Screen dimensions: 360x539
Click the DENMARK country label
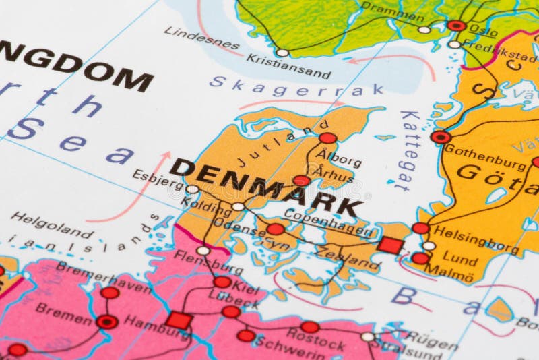click(x=266, y=187)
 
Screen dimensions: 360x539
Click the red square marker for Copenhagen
click(x=390, y=245)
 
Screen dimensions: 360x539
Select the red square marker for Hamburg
click(x=179, y=320)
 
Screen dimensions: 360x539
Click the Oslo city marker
click(x=456, y=26)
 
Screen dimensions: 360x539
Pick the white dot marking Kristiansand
click(x=282, y=53)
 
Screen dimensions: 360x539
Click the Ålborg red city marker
click(x=327, y=138)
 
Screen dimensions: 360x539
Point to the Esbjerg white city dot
click(x=193, y=189)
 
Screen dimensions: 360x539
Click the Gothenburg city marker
click(x=441, y=137)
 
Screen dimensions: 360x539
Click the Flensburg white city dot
click(x=203, y=250)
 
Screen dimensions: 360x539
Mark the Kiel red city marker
click(x=222, y=282)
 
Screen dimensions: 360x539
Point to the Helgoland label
click(x=53, y=224)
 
